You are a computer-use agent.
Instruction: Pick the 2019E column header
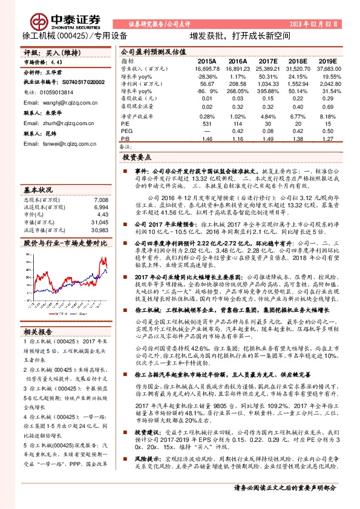(330, 61)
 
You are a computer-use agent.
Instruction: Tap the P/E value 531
(206, 123)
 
